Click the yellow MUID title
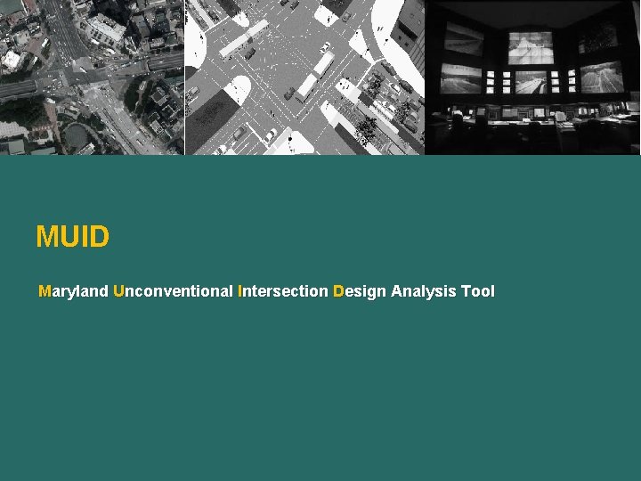tap(73, 237)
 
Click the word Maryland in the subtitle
tap(74, 291)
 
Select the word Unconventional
tap(174, 291)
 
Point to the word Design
tap(360, 291)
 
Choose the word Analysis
tap(424, 291)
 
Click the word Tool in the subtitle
tap(478, 291)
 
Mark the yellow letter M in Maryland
tap(45, 291)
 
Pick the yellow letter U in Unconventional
tap(119, 291)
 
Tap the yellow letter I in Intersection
tap(240, 291)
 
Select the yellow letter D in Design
tap(337, 291)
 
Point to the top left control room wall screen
tap(463, 38)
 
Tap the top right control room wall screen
tap(599, 37)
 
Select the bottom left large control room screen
tap(461, 78)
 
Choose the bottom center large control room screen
tap(531, 82)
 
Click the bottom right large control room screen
tap(601, 77)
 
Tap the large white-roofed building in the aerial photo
tap(107, 29)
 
